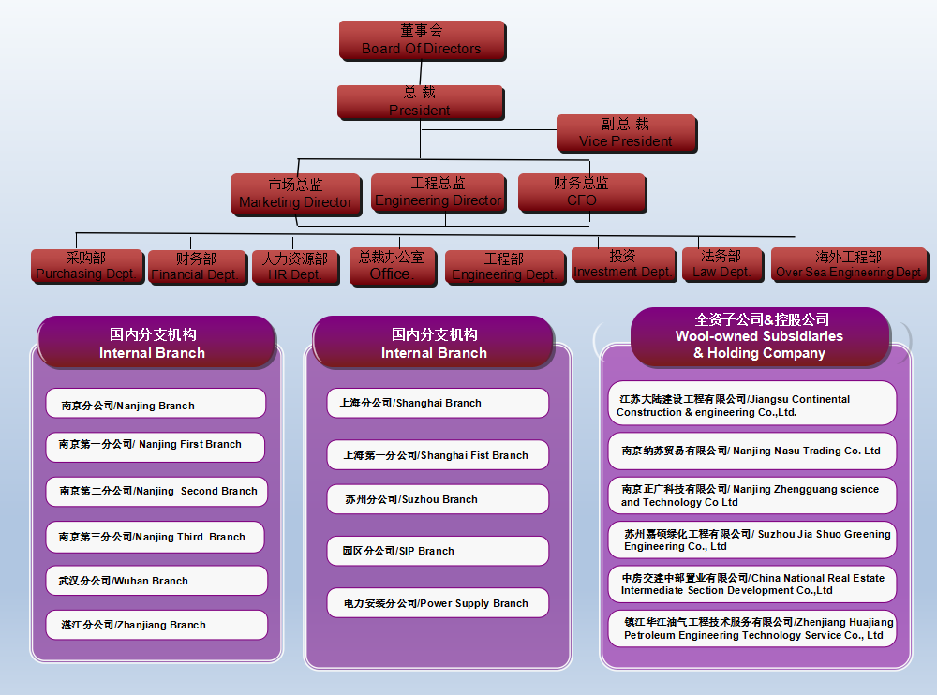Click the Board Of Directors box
422,40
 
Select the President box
420,101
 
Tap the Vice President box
625,133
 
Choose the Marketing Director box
295,194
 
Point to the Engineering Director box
439,192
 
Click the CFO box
581,192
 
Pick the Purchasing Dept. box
86,266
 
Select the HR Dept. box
294,267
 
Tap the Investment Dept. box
623,264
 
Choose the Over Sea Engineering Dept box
848,264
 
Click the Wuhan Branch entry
156,581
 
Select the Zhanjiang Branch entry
156,625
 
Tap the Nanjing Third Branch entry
156,537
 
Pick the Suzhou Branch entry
438,499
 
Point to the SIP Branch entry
438,551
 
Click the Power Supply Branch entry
438,603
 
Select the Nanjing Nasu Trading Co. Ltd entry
751,451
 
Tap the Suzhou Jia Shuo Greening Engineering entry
751,540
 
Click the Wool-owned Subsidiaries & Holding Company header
759,336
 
